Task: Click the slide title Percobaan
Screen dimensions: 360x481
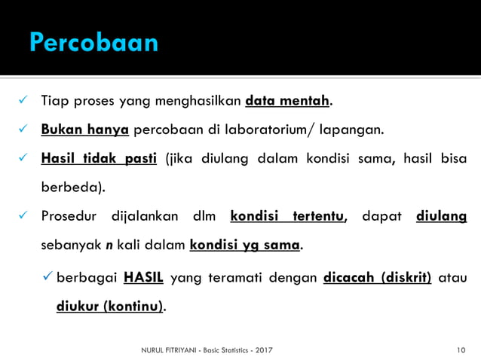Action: (93, 41)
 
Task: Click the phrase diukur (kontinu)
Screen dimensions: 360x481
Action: (111, 307)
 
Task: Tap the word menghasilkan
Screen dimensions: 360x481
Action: (199, 100)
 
